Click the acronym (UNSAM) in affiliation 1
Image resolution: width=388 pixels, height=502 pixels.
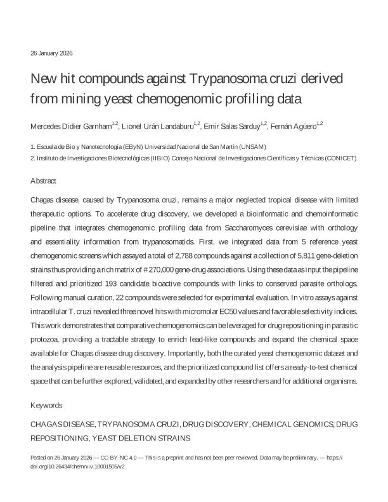click(x=253, y=146)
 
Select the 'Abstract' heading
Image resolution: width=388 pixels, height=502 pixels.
click(x=44, y=181)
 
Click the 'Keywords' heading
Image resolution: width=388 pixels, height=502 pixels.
click(x=46, y=404)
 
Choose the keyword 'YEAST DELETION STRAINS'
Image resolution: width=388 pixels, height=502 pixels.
click(x=141, y=437)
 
